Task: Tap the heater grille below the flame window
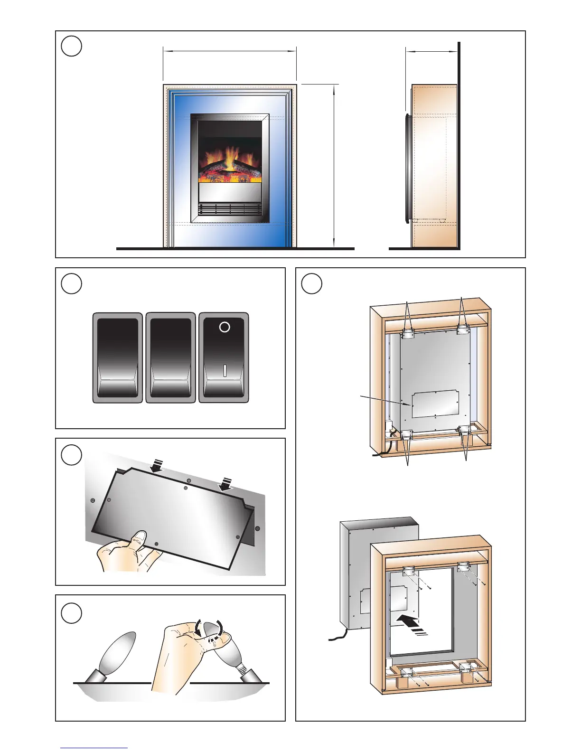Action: [x=230, y=209]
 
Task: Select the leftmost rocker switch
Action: [x=118, y=357]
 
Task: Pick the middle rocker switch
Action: [x=170, y=357]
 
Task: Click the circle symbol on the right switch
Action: [x=225, y=327]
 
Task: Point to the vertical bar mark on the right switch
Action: [x=225, y=371]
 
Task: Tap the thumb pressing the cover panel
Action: [x=140, y=539]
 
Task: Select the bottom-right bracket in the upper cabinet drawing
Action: [x=464, y=431]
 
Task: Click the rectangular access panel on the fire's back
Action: [x=435, y=404]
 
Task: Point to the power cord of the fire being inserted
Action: [x=339, y=635]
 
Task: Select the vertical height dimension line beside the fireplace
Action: [x=335, y=166]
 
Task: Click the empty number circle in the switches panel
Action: [x=72, y=284]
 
